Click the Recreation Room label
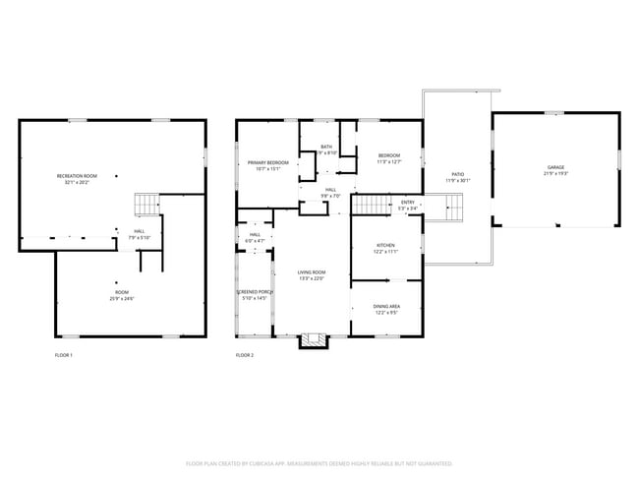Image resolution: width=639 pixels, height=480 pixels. click(x=76, y=175)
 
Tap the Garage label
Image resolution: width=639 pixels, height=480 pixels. click(x=555, y=168)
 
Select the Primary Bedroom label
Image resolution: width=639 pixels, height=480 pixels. click(x=267, y=162)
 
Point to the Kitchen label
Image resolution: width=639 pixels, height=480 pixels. click(x=386, y=246)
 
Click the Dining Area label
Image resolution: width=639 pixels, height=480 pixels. click(x=385, y=307)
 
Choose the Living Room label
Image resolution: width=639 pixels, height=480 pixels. click(x=312, y=272)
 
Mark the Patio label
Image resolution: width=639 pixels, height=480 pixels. click(x=457, y=174)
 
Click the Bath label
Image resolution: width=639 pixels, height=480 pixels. click(x=326, y=147)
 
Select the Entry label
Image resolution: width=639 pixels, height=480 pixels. click(x=408, y=203)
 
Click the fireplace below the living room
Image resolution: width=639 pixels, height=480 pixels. click(x=314, y=340)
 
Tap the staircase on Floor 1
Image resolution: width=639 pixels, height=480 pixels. click(x=145, y=204)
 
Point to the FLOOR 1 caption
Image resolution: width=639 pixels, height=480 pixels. click(x=63, y=354)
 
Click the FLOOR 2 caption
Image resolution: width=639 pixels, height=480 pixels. click(x=245, y=354)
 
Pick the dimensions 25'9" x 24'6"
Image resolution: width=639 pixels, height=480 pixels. click(x=121, y=298)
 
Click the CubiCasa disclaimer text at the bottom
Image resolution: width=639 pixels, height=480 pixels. click(x=319, y=462)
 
